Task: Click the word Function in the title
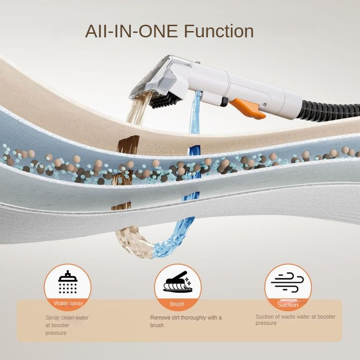coord(219,31)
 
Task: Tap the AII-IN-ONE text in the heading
coord(131,31)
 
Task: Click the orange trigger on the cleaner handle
coord(247,108)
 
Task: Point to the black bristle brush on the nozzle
coord(165,100)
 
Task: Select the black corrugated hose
coord(331,110)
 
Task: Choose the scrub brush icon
coord(178,282)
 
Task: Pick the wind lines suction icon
coord(287,282)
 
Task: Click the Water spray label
coord(68,303)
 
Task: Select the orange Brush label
coord(177,304)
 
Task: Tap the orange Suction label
coord(288,305)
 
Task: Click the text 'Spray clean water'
coord(67,318)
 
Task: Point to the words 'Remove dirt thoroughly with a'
coord(186,318)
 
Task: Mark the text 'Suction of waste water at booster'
coord(296,317)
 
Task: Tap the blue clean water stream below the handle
coord(195,112)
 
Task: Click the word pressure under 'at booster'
coord(56,333)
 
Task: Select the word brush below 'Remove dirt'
coord(157,325)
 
